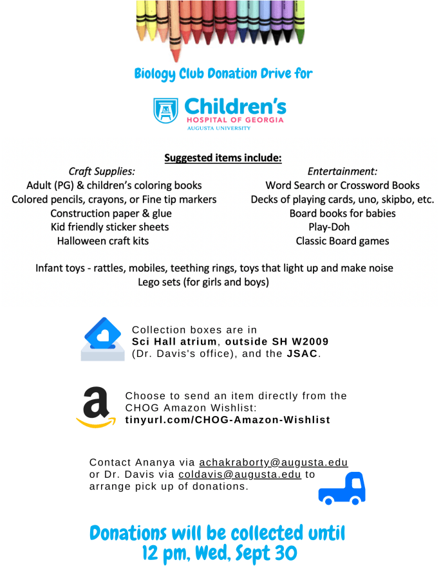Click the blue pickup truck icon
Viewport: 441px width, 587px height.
(342, 488)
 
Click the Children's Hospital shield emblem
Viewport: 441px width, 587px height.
(165, 110)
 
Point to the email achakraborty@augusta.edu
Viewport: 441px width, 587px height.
(274, 463)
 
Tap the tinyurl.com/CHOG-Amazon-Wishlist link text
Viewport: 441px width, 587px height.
(228, 420)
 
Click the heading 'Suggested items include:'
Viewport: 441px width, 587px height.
(223, 158)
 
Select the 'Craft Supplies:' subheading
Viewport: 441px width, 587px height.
(102, 172)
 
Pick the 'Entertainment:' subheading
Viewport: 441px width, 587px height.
(342, 172)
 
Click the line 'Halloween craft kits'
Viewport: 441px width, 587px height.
(103, 241)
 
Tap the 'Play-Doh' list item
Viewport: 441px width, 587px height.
(329, 227)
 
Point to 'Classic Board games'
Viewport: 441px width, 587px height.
(342, 241)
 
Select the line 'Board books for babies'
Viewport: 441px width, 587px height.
(342, 213)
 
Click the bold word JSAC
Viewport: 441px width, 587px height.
(301, 354)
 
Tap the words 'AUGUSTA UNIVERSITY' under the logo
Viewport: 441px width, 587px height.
(219, 128)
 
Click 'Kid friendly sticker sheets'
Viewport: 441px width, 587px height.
(110, 227)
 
